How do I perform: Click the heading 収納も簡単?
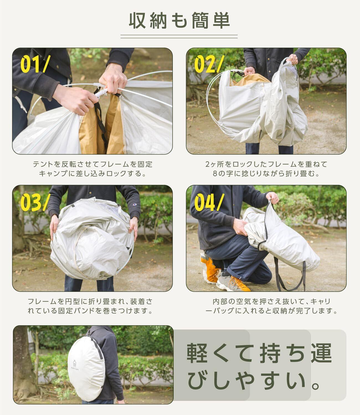pyautogui.click(x=179, y=20)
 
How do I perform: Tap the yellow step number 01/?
pyautogui.click(x=35, y=64)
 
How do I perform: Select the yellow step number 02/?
pyautogui.click(x=209, y=64)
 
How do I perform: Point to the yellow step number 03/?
pyautogui.click(x=35, y=202)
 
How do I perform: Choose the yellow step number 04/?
pyautogui.click(x=209, y=202)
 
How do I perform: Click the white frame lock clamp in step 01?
pyautogui.click(x=101, y=93)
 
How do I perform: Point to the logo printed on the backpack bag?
pyautogui.click(x=75, y=365)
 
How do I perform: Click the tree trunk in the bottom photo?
pyautogui.click(x=24, y=363)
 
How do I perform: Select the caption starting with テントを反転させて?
pyautogui.click(x=93, y=169)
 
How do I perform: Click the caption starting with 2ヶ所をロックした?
pyautogui.click(x=266, y=169)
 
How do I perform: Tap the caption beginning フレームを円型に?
pyautogui.click(x=90, y=306)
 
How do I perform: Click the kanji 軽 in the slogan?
pyautogui.click(x=197, y=353)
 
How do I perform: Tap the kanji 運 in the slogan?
pyautogui.click(x=321, y=353)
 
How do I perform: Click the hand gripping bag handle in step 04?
pyautogui.click(x=272, y=198)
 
